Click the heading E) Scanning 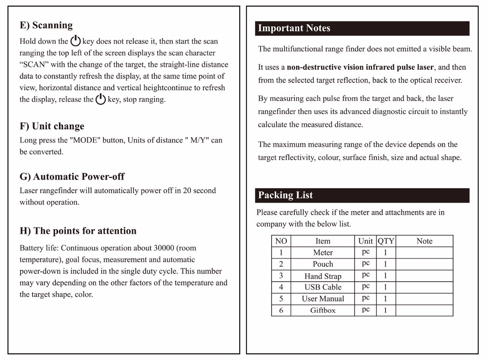click(x=46, y=25)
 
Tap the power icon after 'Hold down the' click(x=76, y=41)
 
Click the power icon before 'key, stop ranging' click(x=101, y=100)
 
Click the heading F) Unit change click(x=52, y=126)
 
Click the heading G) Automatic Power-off click(x=72, y=177)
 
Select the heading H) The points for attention click(x=78, y=231)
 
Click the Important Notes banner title click(x=294, y=28)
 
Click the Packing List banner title click(x=285, y=196)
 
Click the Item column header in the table click(x=323, y=241)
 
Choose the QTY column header click(x=386, y=241)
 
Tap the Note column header click(x=424, y=241)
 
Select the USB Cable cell click(x=323, y=287)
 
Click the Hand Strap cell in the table click(x=323, y=276)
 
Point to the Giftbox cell click(x=323, y=310)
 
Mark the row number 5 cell click(x=281, y=299)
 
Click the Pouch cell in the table click(x=323, y=264)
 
